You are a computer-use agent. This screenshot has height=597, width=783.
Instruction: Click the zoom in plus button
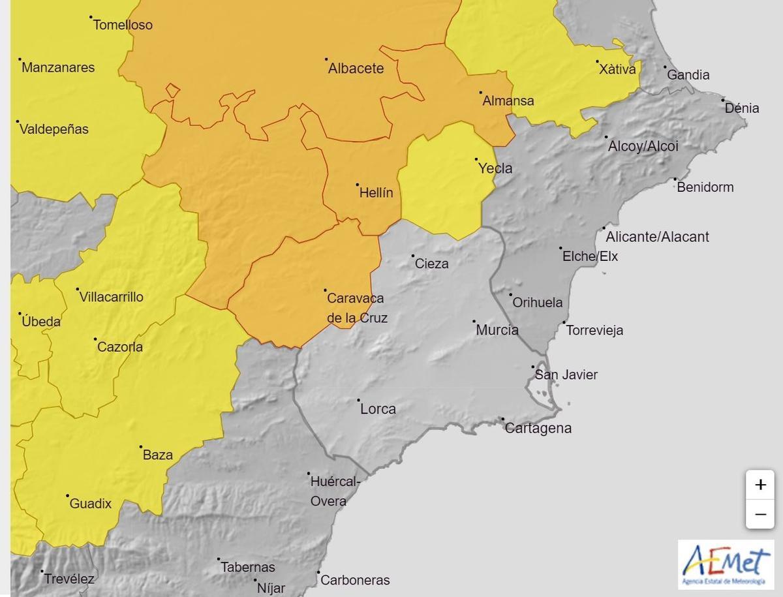[x=760, y=485]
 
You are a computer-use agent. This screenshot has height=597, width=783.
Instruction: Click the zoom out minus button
[x=760, y=514]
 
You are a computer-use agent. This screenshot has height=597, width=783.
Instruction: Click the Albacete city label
[x=356, y=69]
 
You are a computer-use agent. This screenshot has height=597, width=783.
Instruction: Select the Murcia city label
[x=497, y=330]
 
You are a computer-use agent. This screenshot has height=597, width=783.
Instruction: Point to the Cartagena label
[x=538, y=429]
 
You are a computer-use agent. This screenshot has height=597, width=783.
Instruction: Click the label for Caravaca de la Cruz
[x=356, y=308]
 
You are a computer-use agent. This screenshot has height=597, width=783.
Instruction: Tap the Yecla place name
[x=495, y=168]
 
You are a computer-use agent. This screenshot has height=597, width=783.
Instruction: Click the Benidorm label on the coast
[x=705, y=187]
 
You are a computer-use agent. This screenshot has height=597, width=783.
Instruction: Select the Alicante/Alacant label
[x=657, y=237]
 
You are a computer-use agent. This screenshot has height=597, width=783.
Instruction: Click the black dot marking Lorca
[x=358, y=400]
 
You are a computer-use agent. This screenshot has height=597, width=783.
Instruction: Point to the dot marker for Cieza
[x=413, y=256]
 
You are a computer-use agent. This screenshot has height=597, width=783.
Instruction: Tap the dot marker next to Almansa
[x=480, y=93]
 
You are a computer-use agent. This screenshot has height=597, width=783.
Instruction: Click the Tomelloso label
[x=123, y=25]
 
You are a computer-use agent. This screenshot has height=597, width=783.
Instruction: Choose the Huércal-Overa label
[x=334, y=491]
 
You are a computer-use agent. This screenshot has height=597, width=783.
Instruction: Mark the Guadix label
[x=91, y=504]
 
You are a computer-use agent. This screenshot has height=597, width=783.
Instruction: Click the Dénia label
[x=742, y=108]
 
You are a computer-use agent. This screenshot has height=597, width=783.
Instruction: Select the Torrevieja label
[x=594, y=330]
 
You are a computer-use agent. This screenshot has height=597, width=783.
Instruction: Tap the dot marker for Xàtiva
[x=598, y=63]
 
